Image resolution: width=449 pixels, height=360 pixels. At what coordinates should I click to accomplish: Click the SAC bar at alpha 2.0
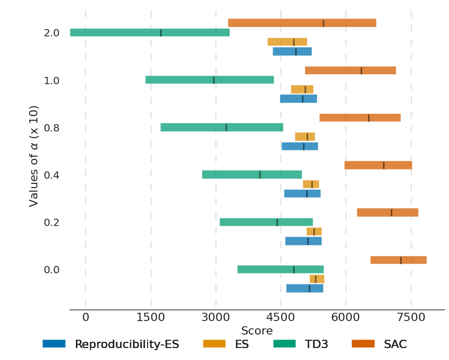302,23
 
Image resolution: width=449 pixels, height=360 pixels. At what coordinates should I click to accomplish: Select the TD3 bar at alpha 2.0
150,33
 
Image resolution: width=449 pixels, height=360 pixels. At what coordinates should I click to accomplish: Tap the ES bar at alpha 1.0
302,89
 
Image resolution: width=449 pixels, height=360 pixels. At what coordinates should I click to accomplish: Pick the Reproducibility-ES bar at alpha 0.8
299,146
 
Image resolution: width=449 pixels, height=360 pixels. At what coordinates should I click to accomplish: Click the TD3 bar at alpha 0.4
252,175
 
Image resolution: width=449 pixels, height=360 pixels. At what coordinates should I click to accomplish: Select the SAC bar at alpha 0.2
387,212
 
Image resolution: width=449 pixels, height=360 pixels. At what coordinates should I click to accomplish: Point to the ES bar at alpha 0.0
316,279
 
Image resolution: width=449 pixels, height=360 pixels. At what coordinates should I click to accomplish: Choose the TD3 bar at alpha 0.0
280,269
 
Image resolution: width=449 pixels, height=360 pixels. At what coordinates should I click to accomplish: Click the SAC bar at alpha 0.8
360,118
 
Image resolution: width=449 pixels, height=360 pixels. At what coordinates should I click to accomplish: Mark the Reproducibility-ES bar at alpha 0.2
303,241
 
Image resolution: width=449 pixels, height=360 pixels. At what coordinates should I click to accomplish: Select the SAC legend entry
395,344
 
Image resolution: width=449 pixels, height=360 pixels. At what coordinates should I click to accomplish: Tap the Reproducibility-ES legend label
127,344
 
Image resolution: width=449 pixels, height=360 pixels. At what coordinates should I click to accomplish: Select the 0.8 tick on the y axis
51,128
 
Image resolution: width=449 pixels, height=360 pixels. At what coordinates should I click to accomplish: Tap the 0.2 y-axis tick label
51,222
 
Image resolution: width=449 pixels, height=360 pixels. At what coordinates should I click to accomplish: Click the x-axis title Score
257,331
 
